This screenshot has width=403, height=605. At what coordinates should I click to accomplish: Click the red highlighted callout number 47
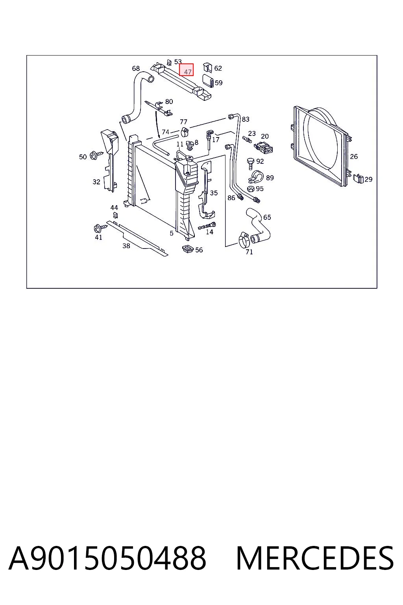point(187,70)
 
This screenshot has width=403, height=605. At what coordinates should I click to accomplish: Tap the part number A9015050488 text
point(107,559)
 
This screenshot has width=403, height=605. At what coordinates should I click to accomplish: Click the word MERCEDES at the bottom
point(315,559)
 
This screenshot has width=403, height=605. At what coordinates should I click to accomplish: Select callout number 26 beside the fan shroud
point(353,156)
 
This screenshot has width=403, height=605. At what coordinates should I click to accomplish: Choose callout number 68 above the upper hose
point(136,68)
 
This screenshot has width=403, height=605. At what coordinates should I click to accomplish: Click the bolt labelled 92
point(250,163)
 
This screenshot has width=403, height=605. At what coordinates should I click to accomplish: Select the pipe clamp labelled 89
point(256,177)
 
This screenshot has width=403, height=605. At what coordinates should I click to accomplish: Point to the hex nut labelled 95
point(251,189)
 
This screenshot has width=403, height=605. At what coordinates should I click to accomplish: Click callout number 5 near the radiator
point(172,233)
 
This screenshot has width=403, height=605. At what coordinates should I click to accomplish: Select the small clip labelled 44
point(115,215)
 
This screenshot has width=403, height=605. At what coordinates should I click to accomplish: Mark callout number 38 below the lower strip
point(126,246)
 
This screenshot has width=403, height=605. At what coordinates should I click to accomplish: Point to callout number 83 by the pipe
point(245,119)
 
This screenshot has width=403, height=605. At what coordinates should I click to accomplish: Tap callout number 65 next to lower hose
point(267,217)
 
